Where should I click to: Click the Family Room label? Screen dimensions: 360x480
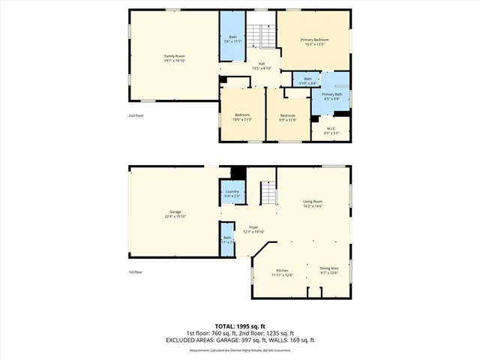click(175, 58)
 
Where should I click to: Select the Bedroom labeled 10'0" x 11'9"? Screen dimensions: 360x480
click(241, 116)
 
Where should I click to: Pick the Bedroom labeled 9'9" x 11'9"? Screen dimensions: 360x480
click(288, 116)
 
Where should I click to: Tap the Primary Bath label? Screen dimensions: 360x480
click(331, 96)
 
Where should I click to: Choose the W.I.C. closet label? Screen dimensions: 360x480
click(331, 130)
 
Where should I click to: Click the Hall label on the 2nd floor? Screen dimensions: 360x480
click(262, 65)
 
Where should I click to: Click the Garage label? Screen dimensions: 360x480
click(175, 214)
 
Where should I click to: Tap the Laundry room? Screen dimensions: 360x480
click(232, 193)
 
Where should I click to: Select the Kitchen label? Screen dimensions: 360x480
click(282, 271)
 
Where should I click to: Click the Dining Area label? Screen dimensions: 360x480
click(329, 270)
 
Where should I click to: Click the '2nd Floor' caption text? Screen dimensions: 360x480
click(136, 115)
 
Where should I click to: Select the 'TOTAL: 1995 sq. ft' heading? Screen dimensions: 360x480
click(240, 326)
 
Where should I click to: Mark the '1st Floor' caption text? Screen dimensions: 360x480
click(136, 272)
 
